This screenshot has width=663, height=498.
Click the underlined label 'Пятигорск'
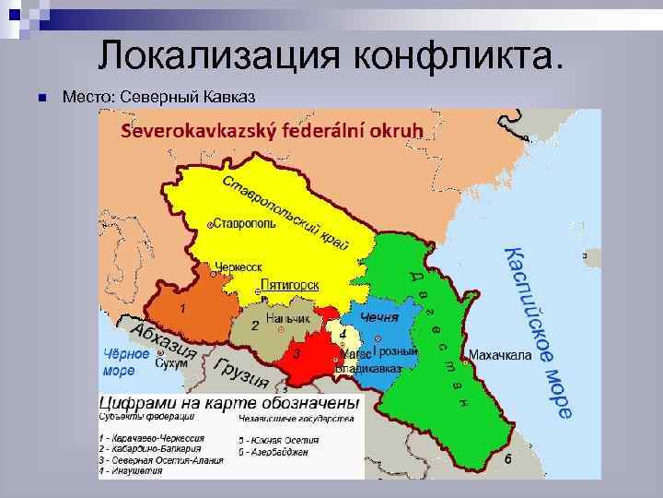pyautogui.click(x=290, y=285)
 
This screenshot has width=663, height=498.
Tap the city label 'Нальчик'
pyautogui.click(x=287, y=318)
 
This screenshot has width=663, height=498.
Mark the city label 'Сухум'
pyautogui.click(x=172, y=362)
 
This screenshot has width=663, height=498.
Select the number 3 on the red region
pyautogui.click(x=297, y=352)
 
